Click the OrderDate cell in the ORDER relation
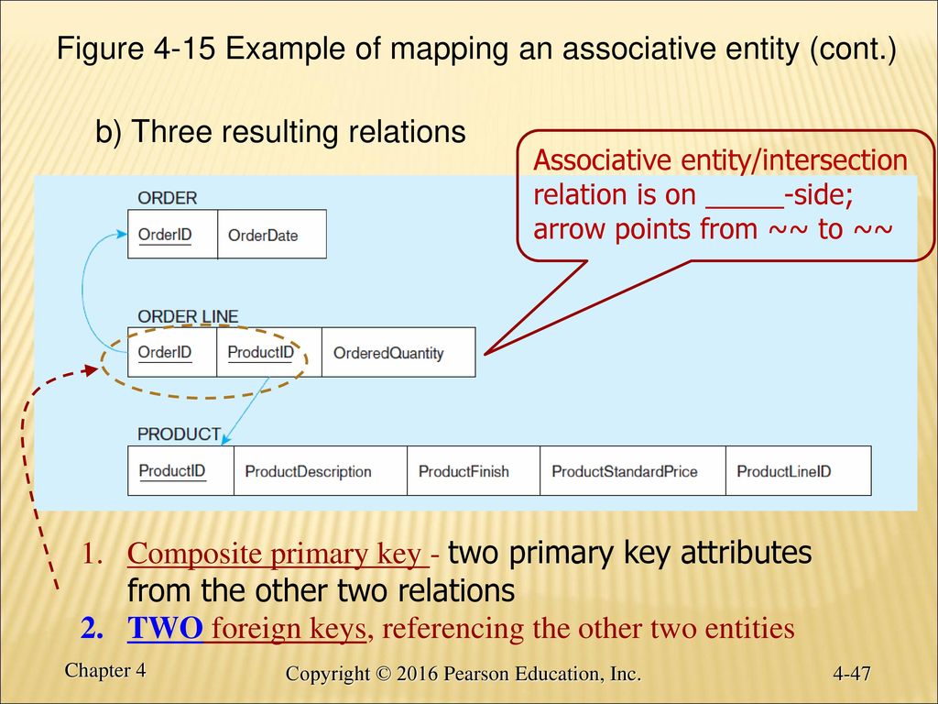click(272, 234)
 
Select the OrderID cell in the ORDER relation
click(173, 234)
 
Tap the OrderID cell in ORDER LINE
click(172, 352)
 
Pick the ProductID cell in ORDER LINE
click(269, 352)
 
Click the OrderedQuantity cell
click(398, 352)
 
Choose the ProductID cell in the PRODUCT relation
click(180, 470)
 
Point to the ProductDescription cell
click(320, 470)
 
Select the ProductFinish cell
click(474, 470)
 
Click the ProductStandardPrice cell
click(633, 470)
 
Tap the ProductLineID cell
click(799, 470)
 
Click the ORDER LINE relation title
click(188, 316)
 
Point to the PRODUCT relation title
click(179, 434)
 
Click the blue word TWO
click(165, 628)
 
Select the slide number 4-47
click(851, 674)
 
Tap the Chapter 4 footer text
click(105, 670)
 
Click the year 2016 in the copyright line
click(418, 674)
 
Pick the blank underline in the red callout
click(744, 208)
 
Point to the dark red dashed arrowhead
click(91, 370)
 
